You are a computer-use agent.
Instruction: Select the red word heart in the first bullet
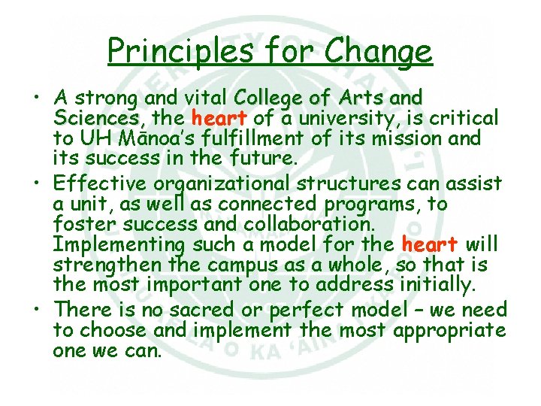219,118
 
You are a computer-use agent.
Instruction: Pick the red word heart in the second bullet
429,245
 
